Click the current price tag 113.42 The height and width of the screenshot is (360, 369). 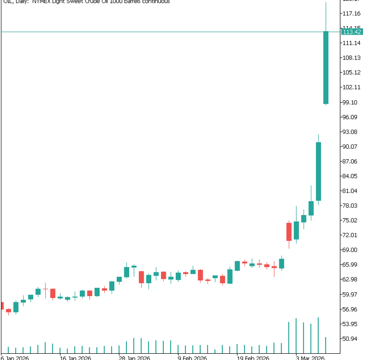tap(351, 32)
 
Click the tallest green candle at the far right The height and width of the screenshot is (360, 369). tap(326, 68)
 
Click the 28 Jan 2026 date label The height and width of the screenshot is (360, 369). tap(134, 358)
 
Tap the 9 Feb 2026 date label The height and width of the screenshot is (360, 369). tap(192, 358)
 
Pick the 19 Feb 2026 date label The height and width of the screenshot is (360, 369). tap(252, 358)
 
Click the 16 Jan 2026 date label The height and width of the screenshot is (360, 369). tap(75, 358)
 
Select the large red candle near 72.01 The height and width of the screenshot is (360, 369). tap(289, 231)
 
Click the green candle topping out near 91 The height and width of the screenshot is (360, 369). tap(318, 171)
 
